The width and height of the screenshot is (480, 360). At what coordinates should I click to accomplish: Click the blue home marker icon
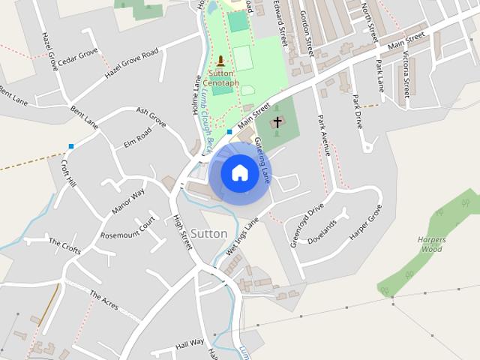[239, 173]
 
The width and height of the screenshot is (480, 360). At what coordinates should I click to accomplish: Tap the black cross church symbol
[277, 121]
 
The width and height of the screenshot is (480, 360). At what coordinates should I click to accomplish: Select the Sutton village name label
[208, 233]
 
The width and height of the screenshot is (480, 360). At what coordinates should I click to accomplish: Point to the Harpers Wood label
[431, 244]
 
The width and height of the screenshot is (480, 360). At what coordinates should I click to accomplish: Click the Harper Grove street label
[365, 222]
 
